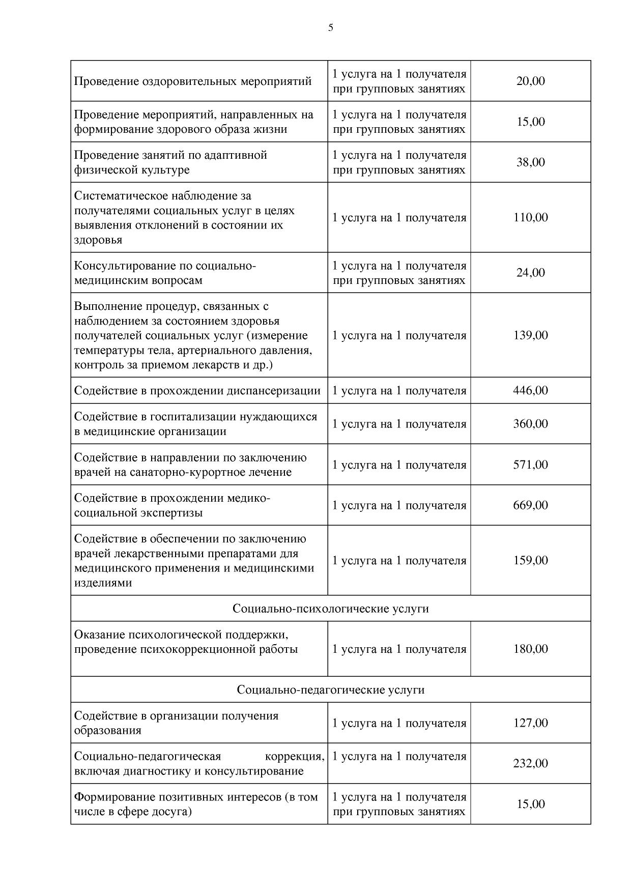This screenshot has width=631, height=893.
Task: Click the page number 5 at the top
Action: pos(331,28)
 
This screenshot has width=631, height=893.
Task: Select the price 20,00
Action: pos(530,81)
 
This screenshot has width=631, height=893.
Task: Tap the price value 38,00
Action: pos(530,162)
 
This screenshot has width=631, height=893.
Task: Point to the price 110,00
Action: pos(530,217)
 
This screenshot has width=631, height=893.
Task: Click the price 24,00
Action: pos(530,273)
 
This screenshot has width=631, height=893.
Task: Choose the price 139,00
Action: pos(530,335)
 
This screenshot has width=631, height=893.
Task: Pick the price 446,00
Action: pos(530,390)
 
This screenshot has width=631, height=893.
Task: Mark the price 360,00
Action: pos(530,424)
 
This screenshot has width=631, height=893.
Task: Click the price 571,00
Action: pos(530,465)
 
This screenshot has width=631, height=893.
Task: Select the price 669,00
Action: pos(530,505)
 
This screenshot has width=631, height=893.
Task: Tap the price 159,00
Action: pos(530,560)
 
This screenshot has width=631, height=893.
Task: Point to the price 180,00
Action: pos(530,649)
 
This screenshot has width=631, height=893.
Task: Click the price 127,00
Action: pos(530,723)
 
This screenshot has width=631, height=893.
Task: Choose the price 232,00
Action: pos(530,763)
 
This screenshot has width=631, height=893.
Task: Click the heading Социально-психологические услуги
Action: pos(331,609)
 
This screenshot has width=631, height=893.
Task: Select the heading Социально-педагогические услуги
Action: pos(331,689)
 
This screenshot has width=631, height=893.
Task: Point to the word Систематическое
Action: pos(121,196)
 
